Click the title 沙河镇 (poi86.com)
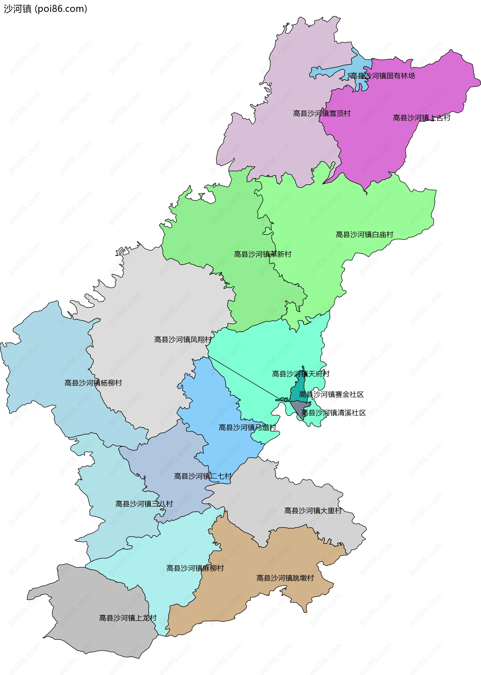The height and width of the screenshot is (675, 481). pyautogui.click(x=45, y=9)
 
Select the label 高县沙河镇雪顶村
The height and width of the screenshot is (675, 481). pyautogui.click(x=322, y=114)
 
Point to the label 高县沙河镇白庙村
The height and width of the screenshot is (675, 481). pyautogui.click(x=364, y=234)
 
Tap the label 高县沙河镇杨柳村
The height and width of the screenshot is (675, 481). pyautogui.click(x=93, y=383)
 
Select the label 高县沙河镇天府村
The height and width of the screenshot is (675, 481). pyautogui.click(x=300, y=374)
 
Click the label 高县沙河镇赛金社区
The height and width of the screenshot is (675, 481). pyautogui.click(x=331, y=394)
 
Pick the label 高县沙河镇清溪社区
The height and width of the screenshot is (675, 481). pyautogui.click(x=333, y=413)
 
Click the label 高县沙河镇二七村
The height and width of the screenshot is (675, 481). pyautogui.click(x=203, y=476)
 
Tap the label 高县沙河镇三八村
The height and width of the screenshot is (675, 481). pyautogui.click(x=144, y=504)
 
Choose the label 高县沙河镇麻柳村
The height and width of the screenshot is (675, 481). pyautogui.click(x=195, y=568)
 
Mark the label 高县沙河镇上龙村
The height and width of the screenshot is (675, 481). pyautogui.click(x=128, y=618)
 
